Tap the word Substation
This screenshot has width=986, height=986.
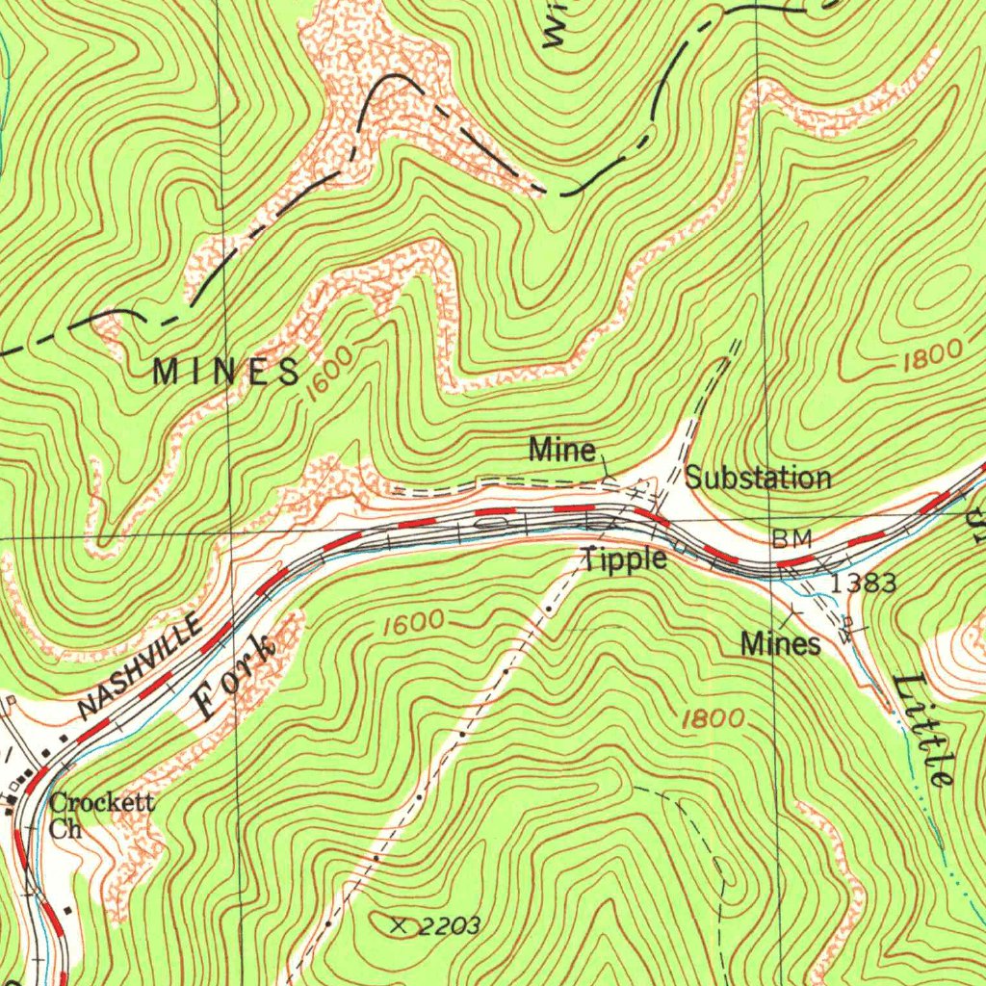point(758,478)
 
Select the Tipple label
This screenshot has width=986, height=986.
point(624,559)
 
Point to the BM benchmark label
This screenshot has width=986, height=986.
point(792,538)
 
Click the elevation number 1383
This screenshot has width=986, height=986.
point(864,583)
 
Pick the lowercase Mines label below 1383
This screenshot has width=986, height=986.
point(781,643)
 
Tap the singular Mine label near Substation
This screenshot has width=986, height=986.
point(563,450)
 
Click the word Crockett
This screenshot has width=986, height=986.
point(102,801)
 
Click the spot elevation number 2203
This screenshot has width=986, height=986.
point(450,926)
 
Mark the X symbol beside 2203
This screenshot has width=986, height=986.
point(400,925)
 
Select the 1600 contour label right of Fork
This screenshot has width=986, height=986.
point(413,623)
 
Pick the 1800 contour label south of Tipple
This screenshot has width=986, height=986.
point(713,718)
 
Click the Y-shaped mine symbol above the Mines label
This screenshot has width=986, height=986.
point(793,610)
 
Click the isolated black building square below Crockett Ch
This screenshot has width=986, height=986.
point(67,908)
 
